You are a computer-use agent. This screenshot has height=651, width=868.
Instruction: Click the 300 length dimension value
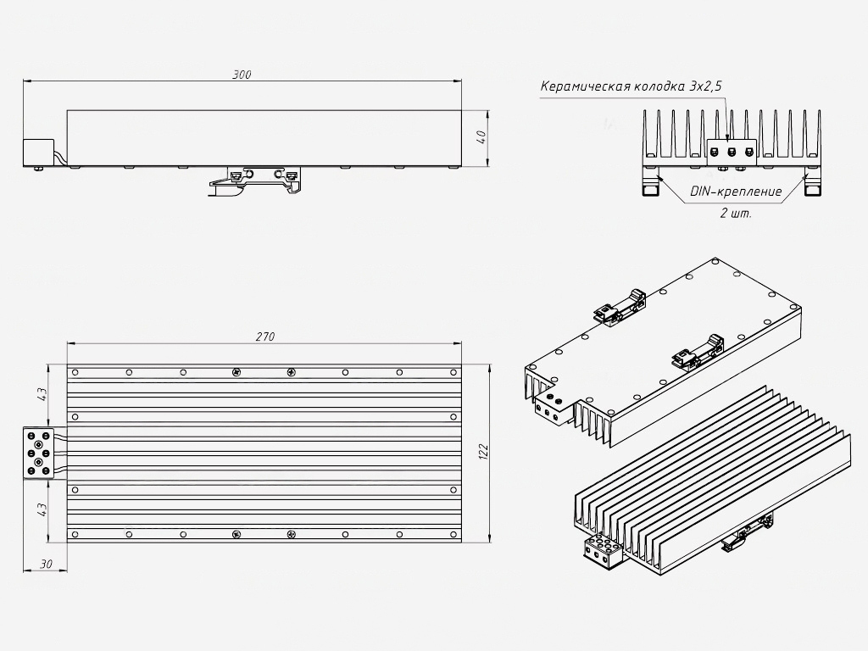pos(242,75)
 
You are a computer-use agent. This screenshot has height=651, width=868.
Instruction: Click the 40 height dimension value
pos(481,137)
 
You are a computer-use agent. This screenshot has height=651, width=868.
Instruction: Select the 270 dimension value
pos(265,337)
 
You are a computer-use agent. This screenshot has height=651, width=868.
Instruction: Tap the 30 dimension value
pos(46,564)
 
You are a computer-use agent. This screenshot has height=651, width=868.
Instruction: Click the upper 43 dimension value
pos(42,394)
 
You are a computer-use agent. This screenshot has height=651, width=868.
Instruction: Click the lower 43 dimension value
pos(42,509)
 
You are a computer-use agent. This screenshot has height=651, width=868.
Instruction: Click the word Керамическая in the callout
pos(585,86)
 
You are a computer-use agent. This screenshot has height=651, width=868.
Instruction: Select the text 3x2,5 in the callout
pos(705,86)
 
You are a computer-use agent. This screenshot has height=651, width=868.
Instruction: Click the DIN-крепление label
pos(736,192)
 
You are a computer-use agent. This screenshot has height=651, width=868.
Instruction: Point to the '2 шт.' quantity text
pos(736,213)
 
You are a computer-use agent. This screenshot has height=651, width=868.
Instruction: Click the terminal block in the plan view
pos(38,453)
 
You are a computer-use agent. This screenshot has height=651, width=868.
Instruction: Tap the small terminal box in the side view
pos(38,153)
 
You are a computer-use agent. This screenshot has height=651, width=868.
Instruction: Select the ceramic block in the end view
pos(732,152)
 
